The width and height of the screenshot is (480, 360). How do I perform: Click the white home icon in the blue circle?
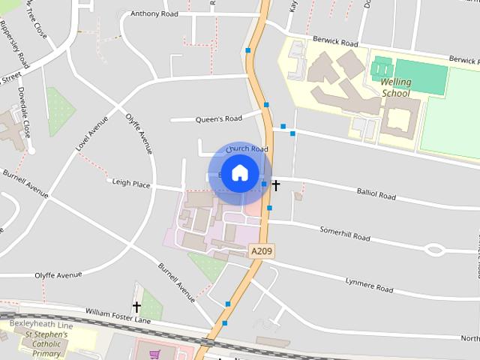239,172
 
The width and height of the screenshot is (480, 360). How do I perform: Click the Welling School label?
396,88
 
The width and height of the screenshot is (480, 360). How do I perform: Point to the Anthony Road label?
154,13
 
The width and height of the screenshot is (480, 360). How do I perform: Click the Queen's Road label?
218,118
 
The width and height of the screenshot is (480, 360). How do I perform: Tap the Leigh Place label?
131,182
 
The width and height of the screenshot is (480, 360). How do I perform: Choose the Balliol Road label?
376,195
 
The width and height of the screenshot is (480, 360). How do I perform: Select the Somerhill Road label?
344,233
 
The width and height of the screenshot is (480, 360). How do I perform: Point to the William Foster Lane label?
118,315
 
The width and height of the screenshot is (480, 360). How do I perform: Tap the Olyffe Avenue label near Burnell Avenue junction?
58,275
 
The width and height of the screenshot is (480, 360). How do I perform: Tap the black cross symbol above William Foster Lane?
136,306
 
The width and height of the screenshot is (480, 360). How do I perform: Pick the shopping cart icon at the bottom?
155,354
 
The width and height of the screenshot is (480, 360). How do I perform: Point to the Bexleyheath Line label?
41,324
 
